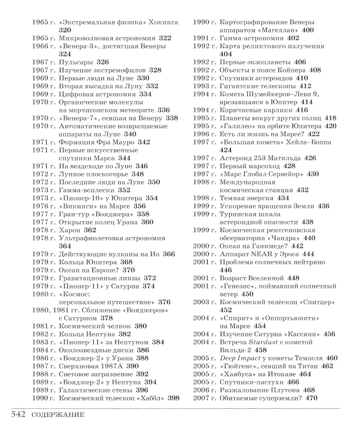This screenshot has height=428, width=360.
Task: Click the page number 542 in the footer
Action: click(18, 414)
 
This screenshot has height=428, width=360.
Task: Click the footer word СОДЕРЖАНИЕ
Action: click(58, 415)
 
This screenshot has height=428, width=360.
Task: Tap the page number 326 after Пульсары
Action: click(102, 62)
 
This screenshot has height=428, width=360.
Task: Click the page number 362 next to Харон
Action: click(90, 230)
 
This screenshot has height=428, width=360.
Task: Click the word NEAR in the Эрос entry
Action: click(256, 254)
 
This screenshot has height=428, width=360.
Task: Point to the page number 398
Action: click(174, 398)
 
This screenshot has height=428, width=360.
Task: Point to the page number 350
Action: click(154, 182)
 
